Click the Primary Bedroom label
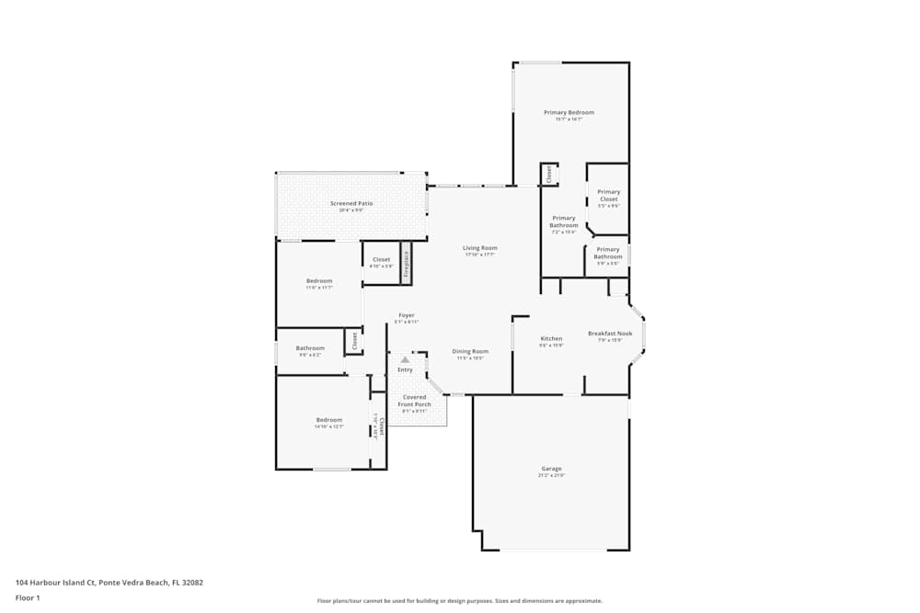569,112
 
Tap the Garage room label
551,469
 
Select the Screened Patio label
351,203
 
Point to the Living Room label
479,247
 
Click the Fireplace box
405,261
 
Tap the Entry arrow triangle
405,359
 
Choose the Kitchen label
551,338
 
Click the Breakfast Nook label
610,333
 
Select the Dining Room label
470,351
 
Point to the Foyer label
406,315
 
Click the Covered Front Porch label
414,401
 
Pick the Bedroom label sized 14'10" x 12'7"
329,420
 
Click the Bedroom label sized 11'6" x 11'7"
319,280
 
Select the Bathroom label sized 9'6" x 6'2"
310,348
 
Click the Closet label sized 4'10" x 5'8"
381,259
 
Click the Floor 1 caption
28,597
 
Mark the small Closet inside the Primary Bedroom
549,175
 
